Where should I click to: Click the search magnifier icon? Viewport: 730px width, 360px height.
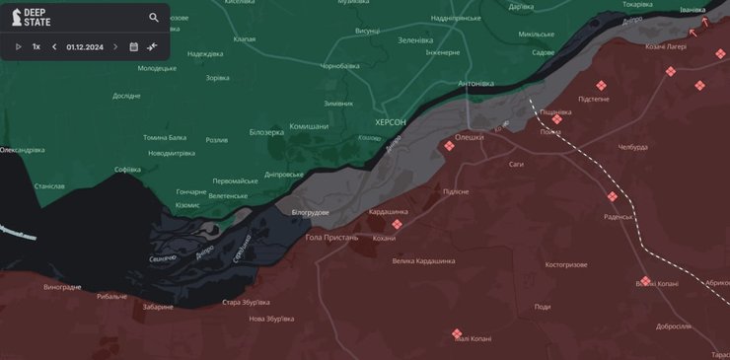[x=154, y=18]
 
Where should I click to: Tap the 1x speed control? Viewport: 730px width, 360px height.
[x=36, y=46]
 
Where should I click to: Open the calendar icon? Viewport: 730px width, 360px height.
[x=133, y=46]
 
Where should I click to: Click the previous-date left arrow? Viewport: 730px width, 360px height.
[x=54, y=46]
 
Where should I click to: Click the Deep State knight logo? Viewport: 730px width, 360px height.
[x=17, y=18]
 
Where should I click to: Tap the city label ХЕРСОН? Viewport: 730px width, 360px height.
[x=390, y=121]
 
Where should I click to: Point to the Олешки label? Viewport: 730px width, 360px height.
[x=469, y=137]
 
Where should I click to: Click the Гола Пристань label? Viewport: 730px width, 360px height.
[x=331, y=238]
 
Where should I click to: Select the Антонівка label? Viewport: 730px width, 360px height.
[x=475, y=83]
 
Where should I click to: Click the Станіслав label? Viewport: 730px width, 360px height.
[x=49, y=185]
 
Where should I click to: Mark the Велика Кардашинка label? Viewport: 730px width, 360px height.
[x=423, y=260]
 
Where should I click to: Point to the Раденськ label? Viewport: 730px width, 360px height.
[x=618, y=216]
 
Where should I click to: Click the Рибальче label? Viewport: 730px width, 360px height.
[x=111, y=296]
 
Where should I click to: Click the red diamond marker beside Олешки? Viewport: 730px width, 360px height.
[x=449, y=146]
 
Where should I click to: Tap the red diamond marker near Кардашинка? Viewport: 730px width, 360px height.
[x=398, y=224]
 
